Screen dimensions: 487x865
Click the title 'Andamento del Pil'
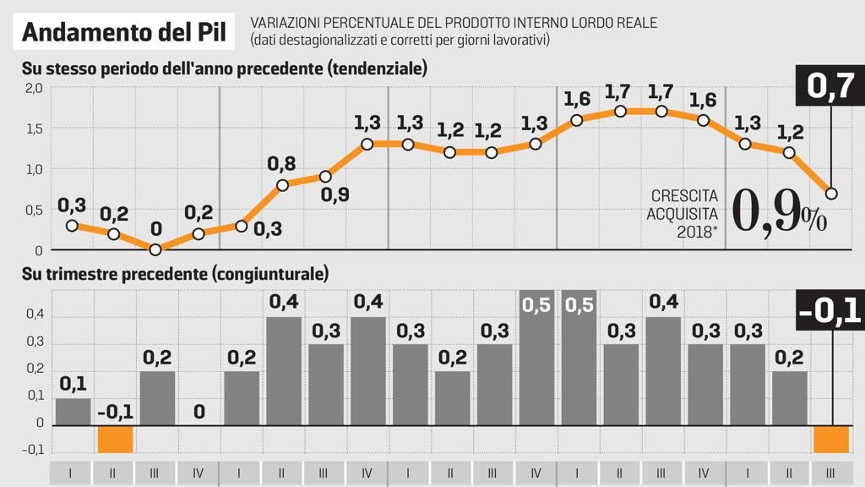124,32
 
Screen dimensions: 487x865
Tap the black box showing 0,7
831,86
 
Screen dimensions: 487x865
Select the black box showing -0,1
830,310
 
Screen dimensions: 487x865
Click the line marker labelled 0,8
283,185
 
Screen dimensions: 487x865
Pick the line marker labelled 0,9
325,177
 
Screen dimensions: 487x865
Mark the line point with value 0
155,249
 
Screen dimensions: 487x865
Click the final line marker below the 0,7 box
831,194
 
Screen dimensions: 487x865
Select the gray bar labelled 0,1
73,411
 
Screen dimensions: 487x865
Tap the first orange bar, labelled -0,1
115,439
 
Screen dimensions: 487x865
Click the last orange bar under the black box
831,439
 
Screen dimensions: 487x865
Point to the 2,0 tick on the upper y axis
33,89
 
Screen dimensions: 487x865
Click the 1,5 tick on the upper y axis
33,129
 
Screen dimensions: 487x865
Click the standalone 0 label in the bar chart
199,412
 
